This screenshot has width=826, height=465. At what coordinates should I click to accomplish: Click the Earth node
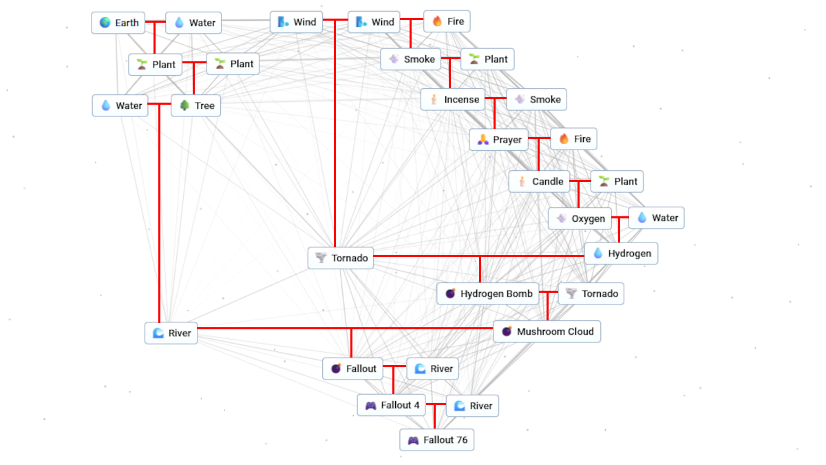[119, 23]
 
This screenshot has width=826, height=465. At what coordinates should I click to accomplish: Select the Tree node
[196, 105]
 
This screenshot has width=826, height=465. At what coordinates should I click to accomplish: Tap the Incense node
[454, 99]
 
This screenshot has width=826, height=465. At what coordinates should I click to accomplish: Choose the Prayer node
[499, 140]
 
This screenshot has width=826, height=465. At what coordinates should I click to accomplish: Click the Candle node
[540, 181]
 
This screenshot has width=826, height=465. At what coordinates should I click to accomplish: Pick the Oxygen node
[580, 219]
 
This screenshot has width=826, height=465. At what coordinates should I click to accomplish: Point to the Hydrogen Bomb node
[488, 293]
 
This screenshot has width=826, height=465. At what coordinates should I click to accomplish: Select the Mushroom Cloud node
[547, 331]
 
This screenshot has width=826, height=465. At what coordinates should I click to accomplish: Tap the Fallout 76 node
[437, 440]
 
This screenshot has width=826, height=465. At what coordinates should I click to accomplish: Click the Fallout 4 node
[392, 405]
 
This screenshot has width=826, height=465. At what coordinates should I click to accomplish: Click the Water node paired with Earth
[194, 23]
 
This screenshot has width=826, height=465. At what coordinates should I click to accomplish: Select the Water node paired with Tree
[120, 105]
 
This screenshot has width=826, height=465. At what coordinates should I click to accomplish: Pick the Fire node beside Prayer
[574, 139]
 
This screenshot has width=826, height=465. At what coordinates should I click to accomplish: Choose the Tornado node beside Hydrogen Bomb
[591, 293]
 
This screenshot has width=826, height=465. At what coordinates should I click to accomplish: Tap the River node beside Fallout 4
[472, 406]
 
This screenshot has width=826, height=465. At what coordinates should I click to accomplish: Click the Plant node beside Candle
[617, 181]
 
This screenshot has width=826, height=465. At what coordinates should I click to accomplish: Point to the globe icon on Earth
[105, 23]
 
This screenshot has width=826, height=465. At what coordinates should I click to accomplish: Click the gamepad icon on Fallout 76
[413, 440]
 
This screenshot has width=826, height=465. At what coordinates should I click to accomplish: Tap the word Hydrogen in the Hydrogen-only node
[629, 254]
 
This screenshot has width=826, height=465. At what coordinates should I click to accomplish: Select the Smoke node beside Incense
[537, 99]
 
